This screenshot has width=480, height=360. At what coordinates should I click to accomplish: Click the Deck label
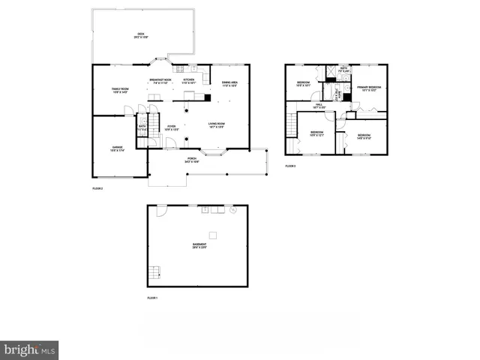(140, 34)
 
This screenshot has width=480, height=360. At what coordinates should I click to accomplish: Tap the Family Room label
(121, 91)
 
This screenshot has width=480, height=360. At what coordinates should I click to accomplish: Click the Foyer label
(172, 127)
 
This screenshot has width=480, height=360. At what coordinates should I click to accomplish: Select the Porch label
(192, 160)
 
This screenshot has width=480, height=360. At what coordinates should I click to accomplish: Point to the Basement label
(199, 246)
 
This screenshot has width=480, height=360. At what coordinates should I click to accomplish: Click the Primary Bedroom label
(370, 88)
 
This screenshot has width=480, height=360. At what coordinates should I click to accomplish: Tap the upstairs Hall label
(319, 106)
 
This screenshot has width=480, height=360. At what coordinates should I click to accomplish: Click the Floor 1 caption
(153, 298)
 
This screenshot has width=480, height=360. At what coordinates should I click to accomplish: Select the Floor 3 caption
(290, 166)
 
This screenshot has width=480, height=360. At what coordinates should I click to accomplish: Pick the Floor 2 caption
(97, 188)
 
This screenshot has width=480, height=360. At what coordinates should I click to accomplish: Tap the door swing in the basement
(159, 212)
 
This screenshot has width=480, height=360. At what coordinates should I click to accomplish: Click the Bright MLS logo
(29, 349)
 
